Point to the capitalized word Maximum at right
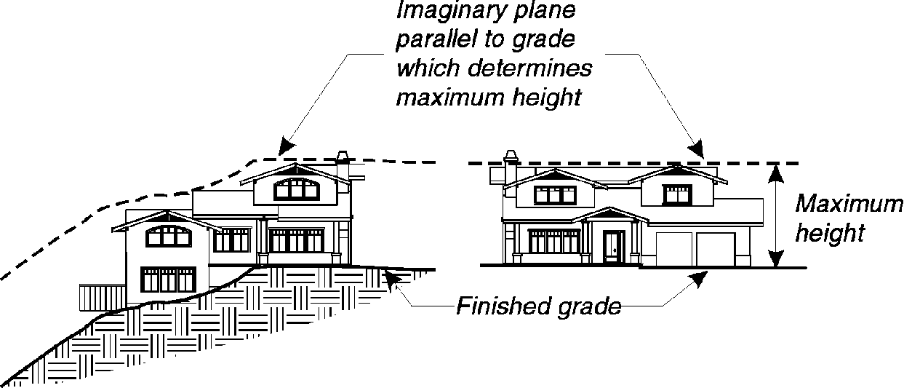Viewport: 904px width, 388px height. (x=848, y=204)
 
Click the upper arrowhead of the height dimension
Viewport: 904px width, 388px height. (x=777, y=173)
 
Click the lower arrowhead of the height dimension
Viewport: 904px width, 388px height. (x=777, y=258)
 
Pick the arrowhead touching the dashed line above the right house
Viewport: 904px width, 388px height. (x=697, y=149)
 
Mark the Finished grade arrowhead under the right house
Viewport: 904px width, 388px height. (x=699, y=277)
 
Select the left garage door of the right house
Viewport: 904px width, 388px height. (x=673, y=250)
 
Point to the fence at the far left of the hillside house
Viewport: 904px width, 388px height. (x=95, y=297)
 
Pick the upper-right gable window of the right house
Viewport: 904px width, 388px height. (x=676, y=194)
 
